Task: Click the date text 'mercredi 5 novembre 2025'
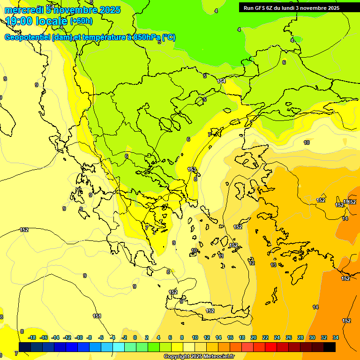(62, 10)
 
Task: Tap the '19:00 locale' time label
(37, 21)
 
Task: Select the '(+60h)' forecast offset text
(81, 21)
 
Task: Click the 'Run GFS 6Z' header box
(291, 7)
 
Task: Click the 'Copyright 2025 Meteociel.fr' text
(199, 356)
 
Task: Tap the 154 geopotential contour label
(222, 81)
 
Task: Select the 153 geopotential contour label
(192, 169)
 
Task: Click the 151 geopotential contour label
(97, 316)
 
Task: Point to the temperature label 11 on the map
(221, 256)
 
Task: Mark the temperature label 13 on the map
(273, 265)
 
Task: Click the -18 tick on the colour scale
(32, 337)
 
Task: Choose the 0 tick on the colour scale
(135, 337)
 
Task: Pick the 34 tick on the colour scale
(336, 337)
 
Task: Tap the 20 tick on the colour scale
(254, 337)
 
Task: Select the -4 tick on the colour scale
(112, 337)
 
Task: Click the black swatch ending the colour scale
(330, 347)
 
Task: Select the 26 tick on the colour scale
(289, 337)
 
